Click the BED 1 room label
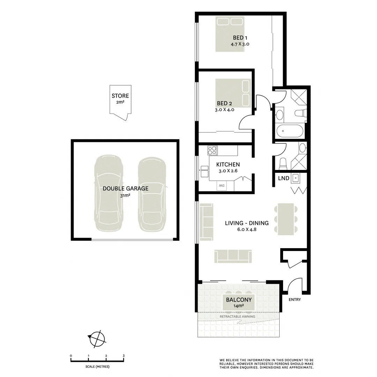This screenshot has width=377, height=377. (240, 38)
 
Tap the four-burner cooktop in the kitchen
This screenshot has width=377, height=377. (212, 150)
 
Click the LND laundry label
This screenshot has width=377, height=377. (283, 178)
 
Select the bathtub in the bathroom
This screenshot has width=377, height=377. (290, 131)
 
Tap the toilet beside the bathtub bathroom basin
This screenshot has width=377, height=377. (300, 113)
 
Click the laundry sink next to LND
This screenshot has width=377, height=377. (296, 178)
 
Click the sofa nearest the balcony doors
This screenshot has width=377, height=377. (233, 256)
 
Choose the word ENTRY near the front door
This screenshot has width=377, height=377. (295, 300)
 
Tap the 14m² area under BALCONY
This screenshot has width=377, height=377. (239, 306)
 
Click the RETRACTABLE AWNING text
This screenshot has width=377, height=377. (237, 317)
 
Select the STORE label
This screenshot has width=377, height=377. (120, 96)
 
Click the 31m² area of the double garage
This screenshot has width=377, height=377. (125, 196)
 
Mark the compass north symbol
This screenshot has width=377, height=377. (97, 338)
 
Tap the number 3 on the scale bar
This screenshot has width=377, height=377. (124, 356)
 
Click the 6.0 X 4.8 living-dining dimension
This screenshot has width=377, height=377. (247, 229)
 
